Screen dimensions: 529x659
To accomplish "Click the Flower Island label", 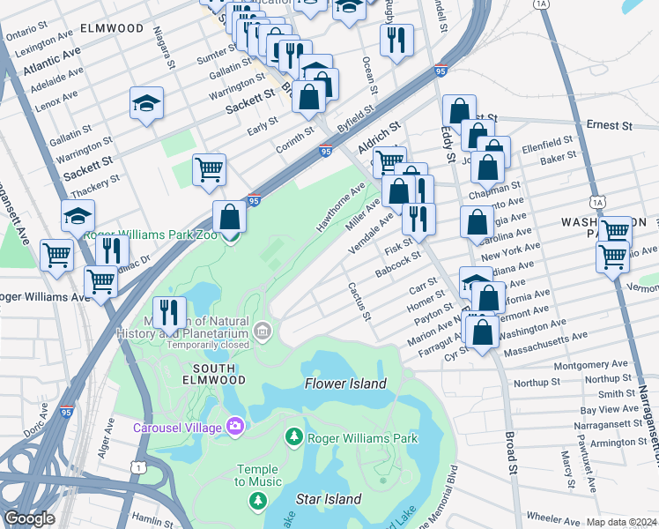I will [x=345, y=384].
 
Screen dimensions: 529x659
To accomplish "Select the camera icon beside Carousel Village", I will [x=234, y=428].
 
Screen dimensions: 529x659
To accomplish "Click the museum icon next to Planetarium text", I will [x=262, y=331].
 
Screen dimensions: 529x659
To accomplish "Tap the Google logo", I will [x=29, y=518].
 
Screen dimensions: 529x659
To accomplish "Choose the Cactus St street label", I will [x=359, y=302].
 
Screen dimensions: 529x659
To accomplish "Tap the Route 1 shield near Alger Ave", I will [x=137, y=465].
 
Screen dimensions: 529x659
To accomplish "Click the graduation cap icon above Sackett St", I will [x=147, y=103].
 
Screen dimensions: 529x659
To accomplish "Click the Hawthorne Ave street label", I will [x=341, y=208].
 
